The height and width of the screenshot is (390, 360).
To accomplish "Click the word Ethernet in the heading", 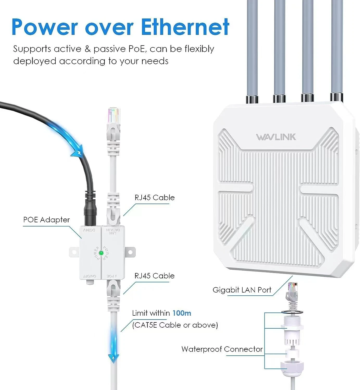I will pyautogui.click(x=185, y=27).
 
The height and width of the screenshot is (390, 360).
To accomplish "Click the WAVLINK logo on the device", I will pyautogui.click(x=276, y=137).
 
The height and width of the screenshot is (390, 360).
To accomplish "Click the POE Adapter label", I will pyautogui.click(x=46, y=220).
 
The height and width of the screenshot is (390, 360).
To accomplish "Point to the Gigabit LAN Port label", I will pyautogui.click(x=242, y=290).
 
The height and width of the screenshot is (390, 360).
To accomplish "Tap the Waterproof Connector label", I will pyautogui.click(x=222, y=349).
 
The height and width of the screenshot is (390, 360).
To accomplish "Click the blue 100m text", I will pyautogui.click(x=182, y=313).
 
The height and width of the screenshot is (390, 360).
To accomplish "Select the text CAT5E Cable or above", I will pyautogui.click(x=175, y=325).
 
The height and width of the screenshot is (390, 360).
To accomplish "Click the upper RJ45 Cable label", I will pyautogui.click(x=154, y=198).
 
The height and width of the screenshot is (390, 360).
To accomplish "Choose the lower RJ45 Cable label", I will pyautogui.click(x=154, y=276).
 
